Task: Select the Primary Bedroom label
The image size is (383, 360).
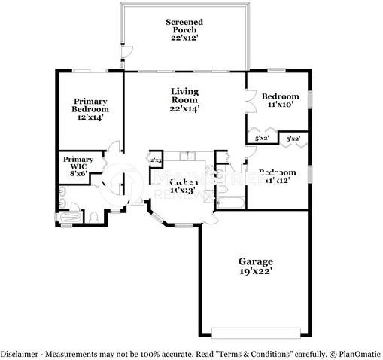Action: [90, 109]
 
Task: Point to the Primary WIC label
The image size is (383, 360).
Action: [78, 165]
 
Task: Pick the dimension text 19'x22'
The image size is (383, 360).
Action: [256, 271]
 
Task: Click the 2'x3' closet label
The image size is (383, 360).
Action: [157, 160]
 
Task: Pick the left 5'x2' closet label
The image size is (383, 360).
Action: [262, 139]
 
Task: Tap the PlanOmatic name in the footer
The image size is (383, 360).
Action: [357, 353]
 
